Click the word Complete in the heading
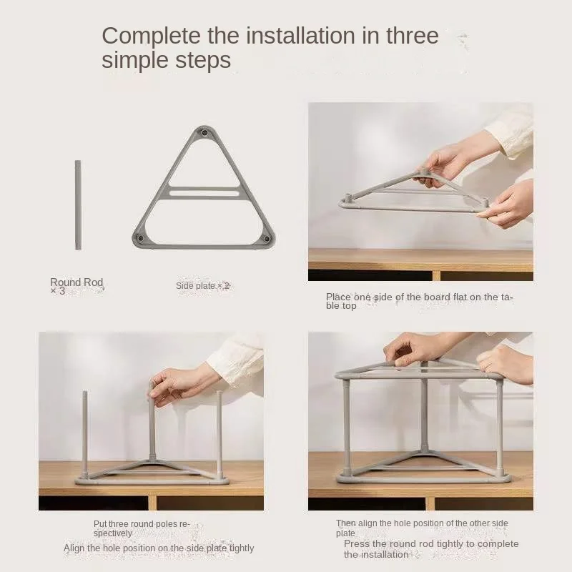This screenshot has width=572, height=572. tap(151, 36)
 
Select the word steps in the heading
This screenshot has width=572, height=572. tap(203, 61)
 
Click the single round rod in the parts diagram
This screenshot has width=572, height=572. tap(78, 205)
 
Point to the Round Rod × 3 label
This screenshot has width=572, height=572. tap(77, 287)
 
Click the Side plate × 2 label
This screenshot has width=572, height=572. tap(203, 285)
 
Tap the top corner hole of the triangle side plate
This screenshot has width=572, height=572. tap(204, 133)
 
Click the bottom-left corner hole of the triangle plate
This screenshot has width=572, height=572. tap(140, 239)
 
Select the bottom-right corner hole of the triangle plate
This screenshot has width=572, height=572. tap(267, 239)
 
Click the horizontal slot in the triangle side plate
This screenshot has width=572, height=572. tap(204, 192)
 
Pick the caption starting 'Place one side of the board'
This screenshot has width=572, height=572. tap(420, 301)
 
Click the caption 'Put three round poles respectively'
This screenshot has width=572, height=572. tap(142, 528)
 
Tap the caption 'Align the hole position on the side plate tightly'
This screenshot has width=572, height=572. tap(159, 548)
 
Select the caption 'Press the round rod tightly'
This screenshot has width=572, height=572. tap(431, 549)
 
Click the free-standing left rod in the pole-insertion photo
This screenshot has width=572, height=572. tap(84, 435)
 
